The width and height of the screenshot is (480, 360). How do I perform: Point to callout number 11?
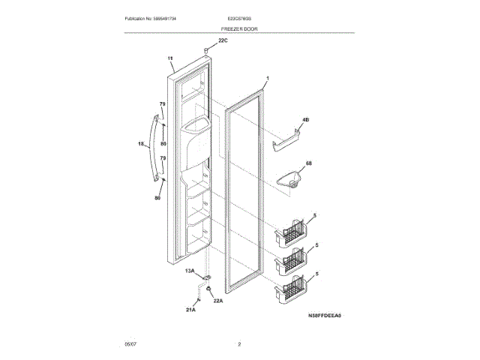[170, 58]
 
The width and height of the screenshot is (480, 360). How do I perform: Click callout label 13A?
[190, 271]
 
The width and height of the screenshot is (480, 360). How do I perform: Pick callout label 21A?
[190, 308]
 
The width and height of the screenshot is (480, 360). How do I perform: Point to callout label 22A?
[218, 301]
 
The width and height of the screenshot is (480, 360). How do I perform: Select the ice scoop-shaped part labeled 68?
[292, 179]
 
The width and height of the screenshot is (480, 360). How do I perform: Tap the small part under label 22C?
[205, 50]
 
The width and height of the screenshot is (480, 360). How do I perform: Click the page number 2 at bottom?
[239, 343]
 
